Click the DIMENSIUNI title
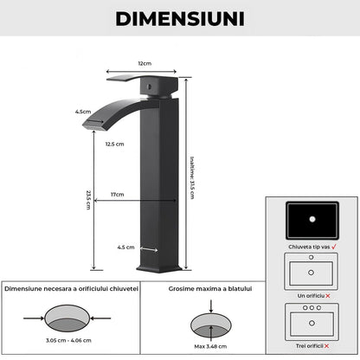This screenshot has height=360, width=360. tap(180, 19)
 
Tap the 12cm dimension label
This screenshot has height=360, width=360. tap(145, 63)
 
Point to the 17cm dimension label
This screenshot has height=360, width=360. tap(118, 195)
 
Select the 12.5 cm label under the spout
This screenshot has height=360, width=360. tap(114, 144)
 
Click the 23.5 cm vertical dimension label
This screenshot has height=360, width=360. tap(88, 200)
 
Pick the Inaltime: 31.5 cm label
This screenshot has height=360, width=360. tap(192, 177)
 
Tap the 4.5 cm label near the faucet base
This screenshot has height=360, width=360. tap(125, 247)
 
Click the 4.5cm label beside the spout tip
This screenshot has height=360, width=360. tap(83, 112)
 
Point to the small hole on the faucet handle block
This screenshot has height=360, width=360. tap(149, 87)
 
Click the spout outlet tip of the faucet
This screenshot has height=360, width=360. tap(93, 125)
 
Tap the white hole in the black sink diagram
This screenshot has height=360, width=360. tap(312, 219)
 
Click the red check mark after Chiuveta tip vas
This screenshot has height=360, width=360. tap(334, 247)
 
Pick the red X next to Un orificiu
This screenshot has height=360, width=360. tap(328, 296)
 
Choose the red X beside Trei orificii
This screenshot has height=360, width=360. tap(326, 346)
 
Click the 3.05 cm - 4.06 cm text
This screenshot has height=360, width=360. tap(68, 340)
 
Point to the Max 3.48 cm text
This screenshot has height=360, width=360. tap(210, 346)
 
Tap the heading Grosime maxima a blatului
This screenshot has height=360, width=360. tap(210, 289)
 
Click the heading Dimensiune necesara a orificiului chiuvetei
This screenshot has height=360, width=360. tap(71, 289)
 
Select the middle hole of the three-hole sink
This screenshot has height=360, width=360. tap(312, 308)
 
